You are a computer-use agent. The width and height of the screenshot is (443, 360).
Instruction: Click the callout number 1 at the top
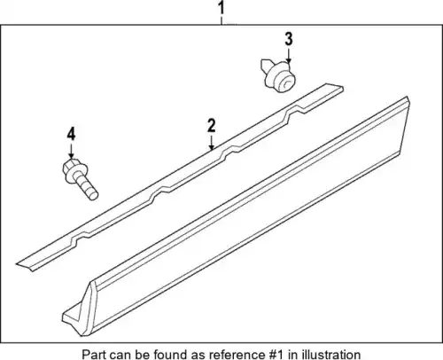point(221,8)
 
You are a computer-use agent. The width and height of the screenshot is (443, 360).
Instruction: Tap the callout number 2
point(212,126)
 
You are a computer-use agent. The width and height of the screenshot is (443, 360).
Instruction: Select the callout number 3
point(289,39)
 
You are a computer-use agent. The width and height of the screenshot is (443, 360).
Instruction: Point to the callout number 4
point(71,135)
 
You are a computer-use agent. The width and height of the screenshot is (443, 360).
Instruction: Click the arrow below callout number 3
point(289,56)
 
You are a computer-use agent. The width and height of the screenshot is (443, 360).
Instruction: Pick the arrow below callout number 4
point(71,151)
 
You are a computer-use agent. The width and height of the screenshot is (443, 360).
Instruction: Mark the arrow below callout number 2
point(212,143)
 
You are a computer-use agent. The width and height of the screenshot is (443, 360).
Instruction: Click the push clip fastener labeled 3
point(278,75)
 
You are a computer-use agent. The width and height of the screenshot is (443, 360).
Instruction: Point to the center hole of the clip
point(286,83)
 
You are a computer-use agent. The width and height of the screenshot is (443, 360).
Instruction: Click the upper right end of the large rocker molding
point(408,97)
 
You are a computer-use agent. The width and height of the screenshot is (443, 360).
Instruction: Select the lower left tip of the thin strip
point(17,263)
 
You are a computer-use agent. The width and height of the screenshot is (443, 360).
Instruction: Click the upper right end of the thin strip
point(342,87)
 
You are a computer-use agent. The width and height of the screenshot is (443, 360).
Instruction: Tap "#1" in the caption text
point(274,354)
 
